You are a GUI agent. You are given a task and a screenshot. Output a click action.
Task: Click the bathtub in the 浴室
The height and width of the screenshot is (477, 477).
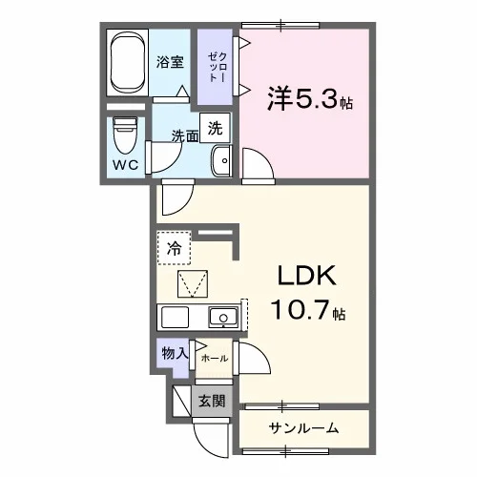128,63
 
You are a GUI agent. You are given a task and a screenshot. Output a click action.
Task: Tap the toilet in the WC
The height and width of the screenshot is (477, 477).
125,135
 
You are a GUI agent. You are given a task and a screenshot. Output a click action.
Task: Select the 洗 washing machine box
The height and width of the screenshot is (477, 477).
215,128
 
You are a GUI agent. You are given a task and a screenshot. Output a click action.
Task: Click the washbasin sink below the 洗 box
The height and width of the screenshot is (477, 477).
221,160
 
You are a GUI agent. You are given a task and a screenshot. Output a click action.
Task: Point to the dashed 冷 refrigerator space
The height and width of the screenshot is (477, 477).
175,248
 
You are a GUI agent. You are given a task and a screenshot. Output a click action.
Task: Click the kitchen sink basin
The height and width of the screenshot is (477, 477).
223,318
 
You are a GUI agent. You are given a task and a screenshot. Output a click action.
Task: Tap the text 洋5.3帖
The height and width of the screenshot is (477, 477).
309,98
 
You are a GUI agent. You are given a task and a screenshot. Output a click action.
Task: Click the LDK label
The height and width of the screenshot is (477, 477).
307,276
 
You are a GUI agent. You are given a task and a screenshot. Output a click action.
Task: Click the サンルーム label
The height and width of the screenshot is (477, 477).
303,428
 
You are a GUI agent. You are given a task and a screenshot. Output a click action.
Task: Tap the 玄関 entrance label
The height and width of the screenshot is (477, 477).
212,402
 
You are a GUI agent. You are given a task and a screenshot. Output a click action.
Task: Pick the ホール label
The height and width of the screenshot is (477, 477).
215,359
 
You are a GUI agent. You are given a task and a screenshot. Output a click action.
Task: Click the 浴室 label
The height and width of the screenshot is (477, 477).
170,62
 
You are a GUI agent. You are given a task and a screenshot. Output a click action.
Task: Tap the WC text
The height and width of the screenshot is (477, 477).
126,165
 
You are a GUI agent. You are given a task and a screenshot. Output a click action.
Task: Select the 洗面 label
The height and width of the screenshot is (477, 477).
185,136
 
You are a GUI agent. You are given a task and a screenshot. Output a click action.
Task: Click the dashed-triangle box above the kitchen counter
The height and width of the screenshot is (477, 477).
193,284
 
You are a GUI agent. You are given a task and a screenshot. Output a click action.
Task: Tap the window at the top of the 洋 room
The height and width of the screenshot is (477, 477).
280,25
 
